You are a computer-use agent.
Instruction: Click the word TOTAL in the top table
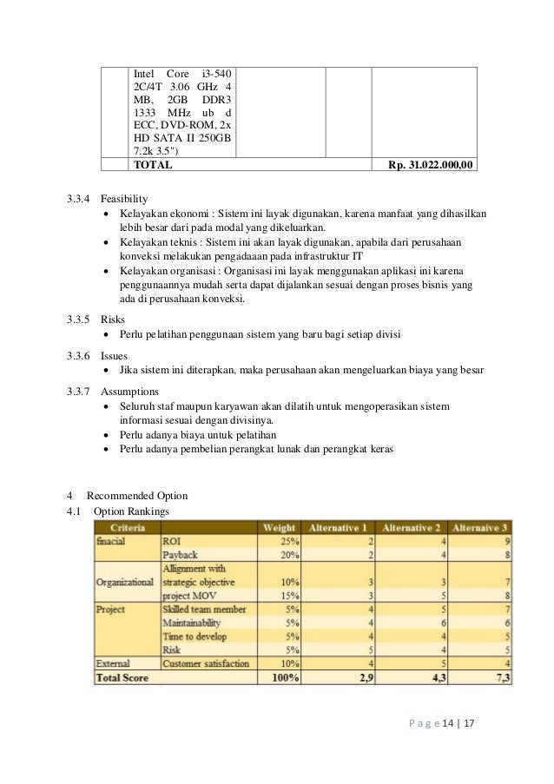click(x=152, y=164)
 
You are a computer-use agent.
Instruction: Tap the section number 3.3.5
click(x=78, y=319)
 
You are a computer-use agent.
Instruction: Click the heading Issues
click(x=114, y=355)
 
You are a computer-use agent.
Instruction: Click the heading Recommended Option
click(x=136, y=496)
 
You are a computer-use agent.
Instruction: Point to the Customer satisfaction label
click(x=206, y=663)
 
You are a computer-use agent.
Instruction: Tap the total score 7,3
click(x=502, y=677)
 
